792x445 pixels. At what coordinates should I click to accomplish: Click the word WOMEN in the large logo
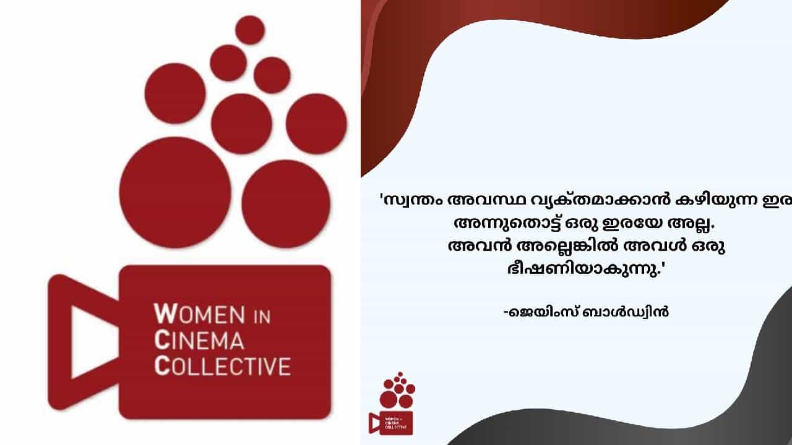tap(199, 314)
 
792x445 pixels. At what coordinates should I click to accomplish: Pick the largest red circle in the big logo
tap(175, 192)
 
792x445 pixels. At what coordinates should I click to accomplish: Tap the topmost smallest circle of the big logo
tap(250, 30)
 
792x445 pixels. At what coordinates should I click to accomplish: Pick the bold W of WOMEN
tap(163, 313)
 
